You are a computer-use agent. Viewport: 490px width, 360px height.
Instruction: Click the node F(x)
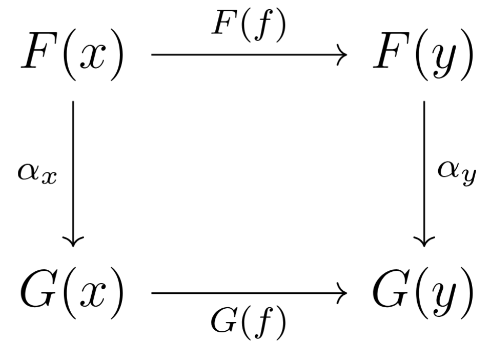coord(72,57)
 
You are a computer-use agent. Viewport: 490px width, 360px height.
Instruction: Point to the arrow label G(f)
coord(249,323)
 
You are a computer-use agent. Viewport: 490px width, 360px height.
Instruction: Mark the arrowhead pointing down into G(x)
coord(73,240)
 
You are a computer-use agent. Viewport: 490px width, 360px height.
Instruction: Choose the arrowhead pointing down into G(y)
coord(424,240)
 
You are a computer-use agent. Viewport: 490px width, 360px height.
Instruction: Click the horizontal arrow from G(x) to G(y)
coord(246,294)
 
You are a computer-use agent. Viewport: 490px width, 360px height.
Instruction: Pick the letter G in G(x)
coord(38,292)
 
